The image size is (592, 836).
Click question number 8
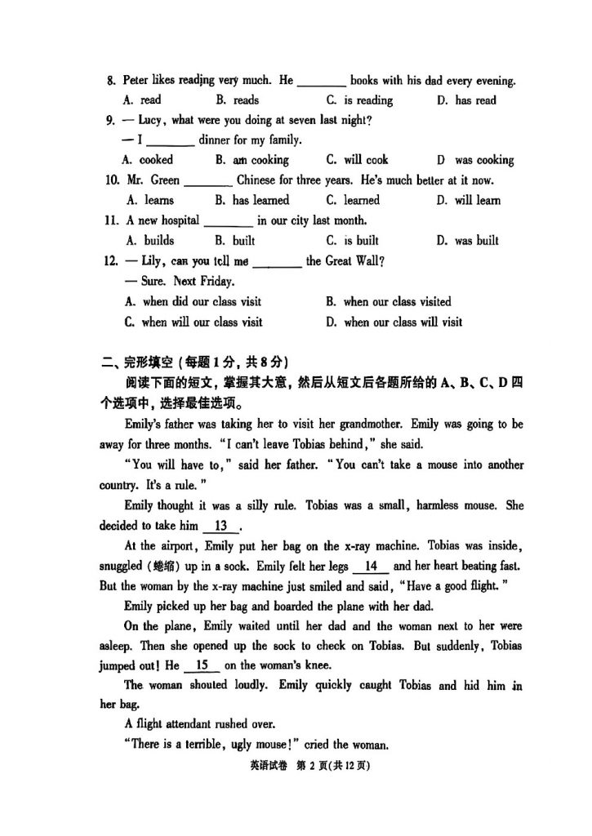click(111, 81)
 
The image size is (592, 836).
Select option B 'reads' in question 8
click(238, 100)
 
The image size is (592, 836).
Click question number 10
click(113, 180)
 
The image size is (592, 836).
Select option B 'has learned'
click(252, 200)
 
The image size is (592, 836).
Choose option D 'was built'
click(468, 240)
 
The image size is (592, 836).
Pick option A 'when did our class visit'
click(194, 301)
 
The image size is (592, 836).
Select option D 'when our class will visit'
click(394, 322)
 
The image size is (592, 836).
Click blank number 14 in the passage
click(371, 566)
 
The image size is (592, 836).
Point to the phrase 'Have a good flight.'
click(426, 586)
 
